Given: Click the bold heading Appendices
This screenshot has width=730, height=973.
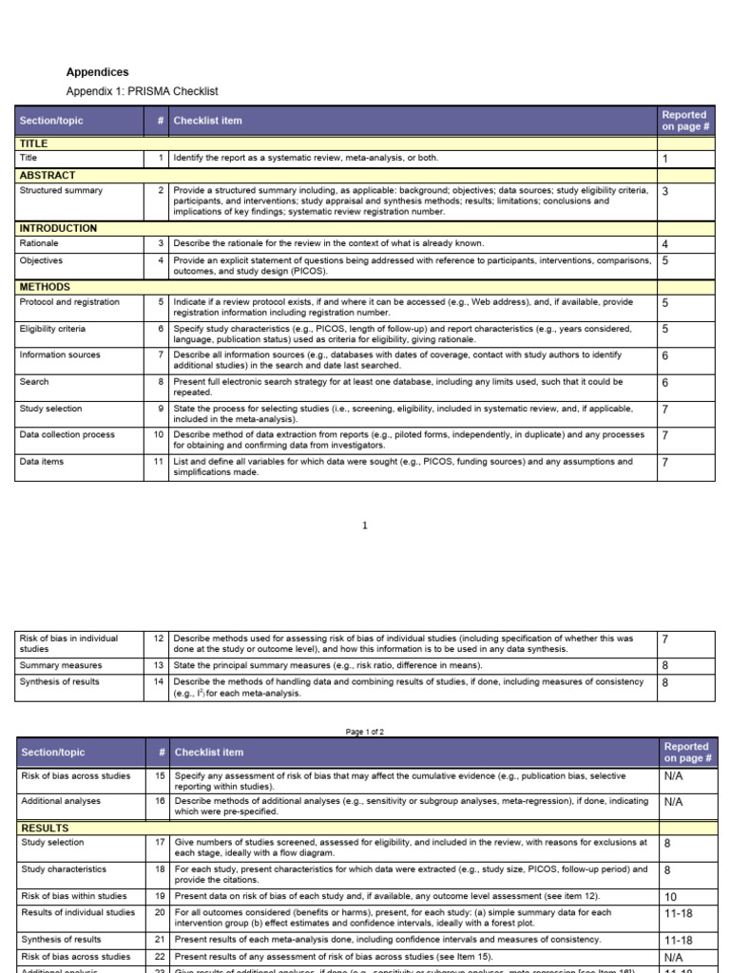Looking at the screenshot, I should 97,72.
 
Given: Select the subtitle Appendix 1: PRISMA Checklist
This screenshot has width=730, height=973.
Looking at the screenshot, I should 142,91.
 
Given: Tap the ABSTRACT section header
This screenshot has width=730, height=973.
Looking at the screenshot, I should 48,176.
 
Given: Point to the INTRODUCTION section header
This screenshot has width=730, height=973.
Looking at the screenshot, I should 58,228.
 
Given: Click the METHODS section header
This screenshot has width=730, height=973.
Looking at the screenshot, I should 45,287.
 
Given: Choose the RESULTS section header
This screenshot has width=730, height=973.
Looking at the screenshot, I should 44,829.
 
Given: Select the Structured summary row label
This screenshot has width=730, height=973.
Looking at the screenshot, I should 61,190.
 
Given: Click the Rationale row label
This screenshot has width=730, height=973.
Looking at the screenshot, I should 39,243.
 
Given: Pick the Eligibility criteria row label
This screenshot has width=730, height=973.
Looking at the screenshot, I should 52,329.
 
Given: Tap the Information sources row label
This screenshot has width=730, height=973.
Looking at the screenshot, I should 59,355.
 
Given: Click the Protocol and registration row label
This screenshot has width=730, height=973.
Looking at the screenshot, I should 69,302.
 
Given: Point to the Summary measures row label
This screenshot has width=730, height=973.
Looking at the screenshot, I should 61,666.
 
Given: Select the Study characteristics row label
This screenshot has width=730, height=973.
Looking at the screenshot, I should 64,869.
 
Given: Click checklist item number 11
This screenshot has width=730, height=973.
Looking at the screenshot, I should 160,462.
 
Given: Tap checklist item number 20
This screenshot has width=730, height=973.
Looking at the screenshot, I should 160,913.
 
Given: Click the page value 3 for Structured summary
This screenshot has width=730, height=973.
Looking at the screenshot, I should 665,191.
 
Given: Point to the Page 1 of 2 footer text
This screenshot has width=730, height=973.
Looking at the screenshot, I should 365,732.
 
